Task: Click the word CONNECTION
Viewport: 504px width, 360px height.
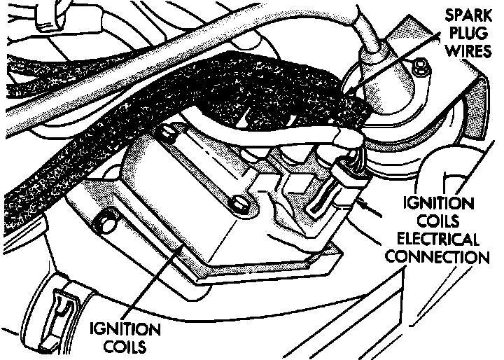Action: click(x=437, y=256)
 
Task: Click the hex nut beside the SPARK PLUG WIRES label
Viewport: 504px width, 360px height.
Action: click(x=419, y=69)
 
